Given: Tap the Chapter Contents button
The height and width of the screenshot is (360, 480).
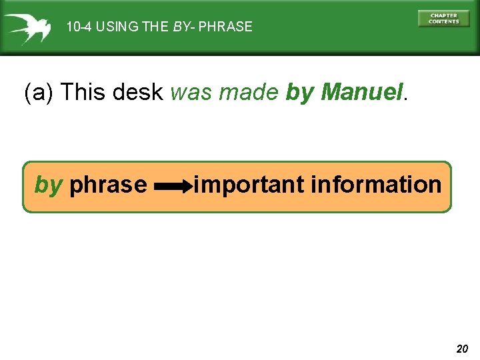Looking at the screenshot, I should coord(443,19).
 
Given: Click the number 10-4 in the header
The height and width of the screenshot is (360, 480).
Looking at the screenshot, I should coord(78,27).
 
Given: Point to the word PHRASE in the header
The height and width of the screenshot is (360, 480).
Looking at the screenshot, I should coord(225,27).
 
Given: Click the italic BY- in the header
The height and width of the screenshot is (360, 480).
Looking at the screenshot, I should coord(184,27).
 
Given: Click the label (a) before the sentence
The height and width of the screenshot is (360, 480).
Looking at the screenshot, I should coord(39,92).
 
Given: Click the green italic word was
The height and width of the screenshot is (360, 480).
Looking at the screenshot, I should coord(191,92).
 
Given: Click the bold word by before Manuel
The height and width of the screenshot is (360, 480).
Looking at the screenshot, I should coord(299,93).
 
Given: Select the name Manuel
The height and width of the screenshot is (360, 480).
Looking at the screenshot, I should coord(361,92).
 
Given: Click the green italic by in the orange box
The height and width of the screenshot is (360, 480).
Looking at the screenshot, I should coord(48,184).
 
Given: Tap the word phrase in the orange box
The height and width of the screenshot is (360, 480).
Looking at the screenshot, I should coord(108,185).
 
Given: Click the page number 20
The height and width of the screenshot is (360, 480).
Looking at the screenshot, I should coord(462,348).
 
